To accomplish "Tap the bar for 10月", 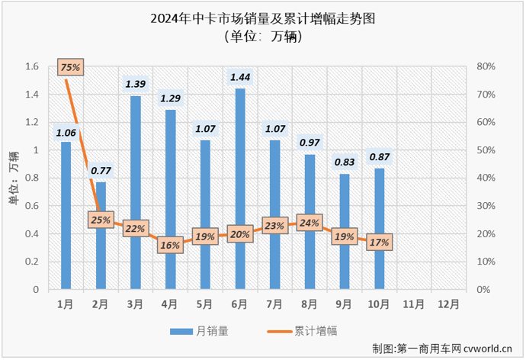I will point(379,229).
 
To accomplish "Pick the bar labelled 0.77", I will point(101,236).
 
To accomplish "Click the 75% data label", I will point(69,68).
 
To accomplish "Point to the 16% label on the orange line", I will point(170,245).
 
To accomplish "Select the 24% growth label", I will point(309,223).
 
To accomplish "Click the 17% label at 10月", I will point(379,243).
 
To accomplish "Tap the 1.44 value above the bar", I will point(240,76).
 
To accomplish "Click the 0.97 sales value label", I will point(310,142).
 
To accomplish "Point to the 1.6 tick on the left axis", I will point(31,66).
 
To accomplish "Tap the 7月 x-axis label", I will point(274,304).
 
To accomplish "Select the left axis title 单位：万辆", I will point(13,178).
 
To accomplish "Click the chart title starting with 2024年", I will point(263,16).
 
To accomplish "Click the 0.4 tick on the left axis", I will point(31,234).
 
